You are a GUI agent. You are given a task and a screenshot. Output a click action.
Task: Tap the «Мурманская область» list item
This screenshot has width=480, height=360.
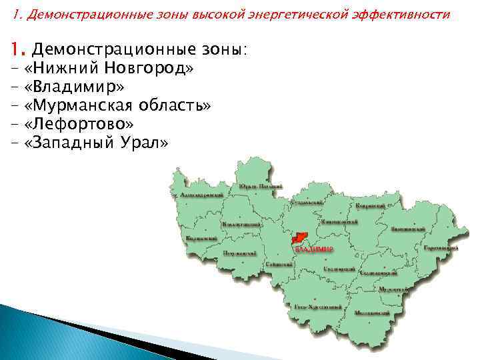(117, 105)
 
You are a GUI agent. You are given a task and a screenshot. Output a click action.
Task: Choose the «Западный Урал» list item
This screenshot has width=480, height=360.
(96, 143)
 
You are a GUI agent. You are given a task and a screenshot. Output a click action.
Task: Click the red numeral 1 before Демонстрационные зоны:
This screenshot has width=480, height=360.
(16, 49)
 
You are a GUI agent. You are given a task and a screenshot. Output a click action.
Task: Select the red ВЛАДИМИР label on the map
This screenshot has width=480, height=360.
(313, 249)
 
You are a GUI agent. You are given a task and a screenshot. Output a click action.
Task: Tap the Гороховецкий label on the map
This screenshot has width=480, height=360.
(441, 247)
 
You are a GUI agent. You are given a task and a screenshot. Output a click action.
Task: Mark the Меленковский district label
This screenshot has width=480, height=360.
(372, 313)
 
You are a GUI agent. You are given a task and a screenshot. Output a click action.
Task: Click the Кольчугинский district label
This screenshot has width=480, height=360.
(241, 225)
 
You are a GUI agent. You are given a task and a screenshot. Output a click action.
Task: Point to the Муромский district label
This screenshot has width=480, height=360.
(392, 289)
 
